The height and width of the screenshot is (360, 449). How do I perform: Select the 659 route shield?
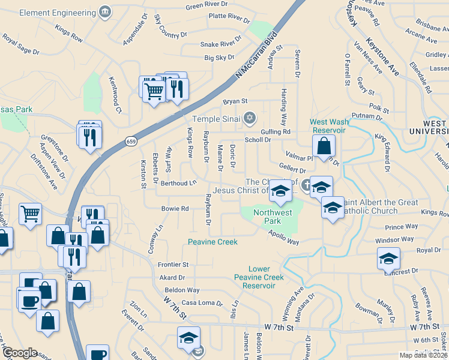coord(130,141)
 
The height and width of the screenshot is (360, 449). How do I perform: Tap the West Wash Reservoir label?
coord(328,126)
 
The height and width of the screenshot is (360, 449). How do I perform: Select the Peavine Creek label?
coord(212,242)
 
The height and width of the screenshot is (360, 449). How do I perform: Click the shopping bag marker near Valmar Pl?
coord(324,146)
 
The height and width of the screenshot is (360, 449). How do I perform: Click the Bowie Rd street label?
coord(175,209)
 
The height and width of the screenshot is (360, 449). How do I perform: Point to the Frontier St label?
coord(173,265)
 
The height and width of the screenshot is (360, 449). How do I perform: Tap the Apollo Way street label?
coord(283,238)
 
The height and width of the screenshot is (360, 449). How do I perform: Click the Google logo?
coord(20,353)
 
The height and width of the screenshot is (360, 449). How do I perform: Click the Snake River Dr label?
coord(220,44)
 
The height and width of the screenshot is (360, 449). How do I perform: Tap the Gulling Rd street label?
coord(276,131)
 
